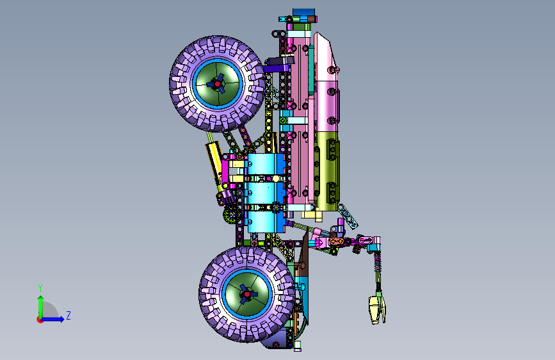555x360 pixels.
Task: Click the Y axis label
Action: (x=40, y=288)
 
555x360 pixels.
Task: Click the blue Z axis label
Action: (x=68, y=315)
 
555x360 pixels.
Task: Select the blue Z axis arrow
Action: (x=52, y=319)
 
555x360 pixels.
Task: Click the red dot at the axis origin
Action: (x=40, y=320)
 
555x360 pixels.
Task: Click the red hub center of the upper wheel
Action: (x=218, y=84)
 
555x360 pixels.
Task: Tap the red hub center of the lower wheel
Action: (x=246, y=294)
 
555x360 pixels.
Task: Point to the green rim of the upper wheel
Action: (x=218, y=84)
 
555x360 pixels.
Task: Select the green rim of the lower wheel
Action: (x=246, y=294)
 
